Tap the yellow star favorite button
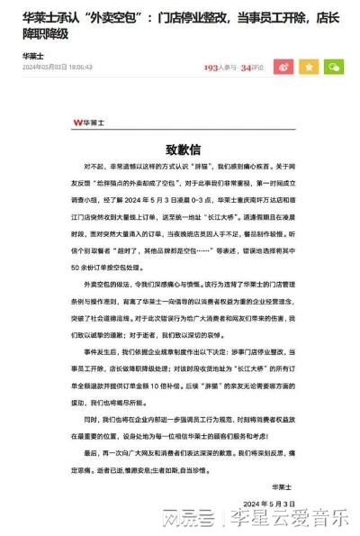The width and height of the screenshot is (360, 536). tap(309, 67)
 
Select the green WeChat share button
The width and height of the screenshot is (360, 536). tap(334, 67)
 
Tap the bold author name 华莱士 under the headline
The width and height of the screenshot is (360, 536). tap(34, 55)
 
